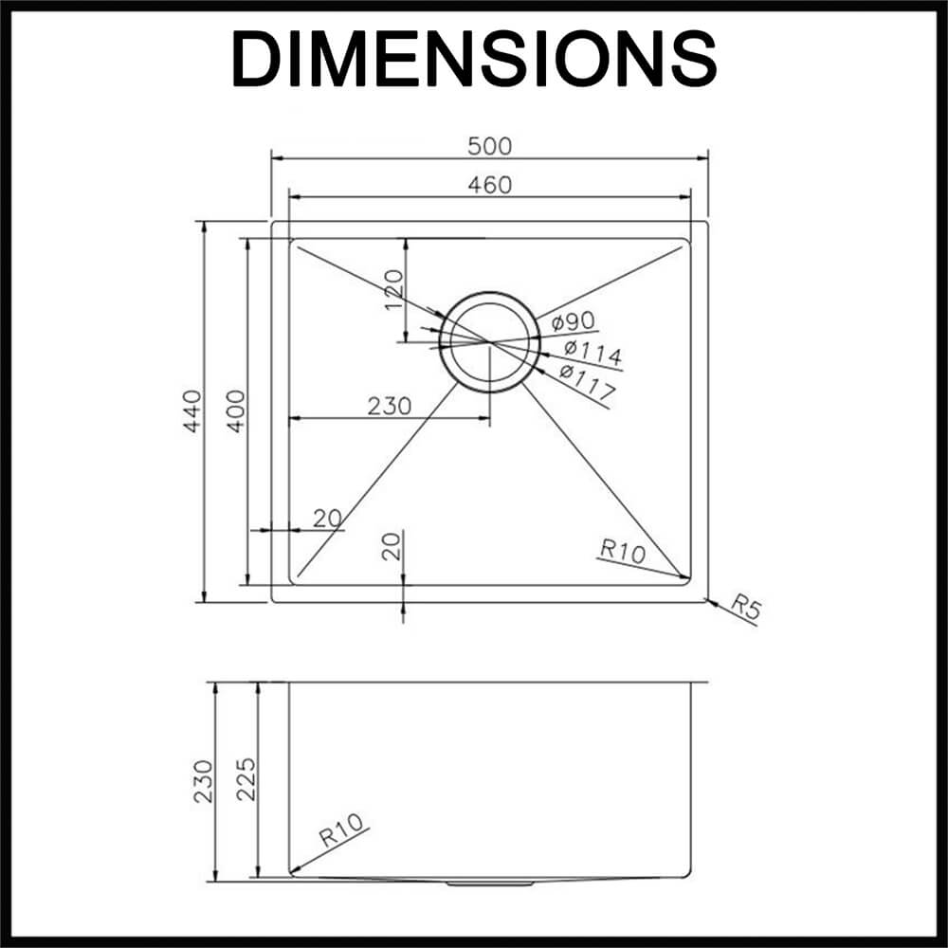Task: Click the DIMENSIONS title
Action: point(474,60)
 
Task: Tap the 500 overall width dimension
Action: point(490,146)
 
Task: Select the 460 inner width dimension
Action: point(490,185)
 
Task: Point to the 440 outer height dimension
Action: point(192,411)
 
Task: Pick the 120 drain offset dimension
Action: point(393,289)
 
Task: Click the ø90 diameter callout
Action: point(574,321)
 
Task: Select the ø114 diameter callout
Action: point(592,353)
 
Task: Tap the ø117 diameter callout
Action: point(587,381)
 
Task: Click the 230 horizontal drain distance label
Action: point(390,406)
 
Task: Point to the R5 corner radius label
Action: point(745,607)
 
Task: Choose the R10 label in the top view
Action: point(623,551)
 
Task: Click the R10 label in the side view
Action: point(341,829)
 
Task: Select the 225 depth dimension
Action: point(246,778)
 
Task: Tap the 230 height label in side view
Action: point(203,781)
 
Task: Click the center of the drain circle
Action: point(490,343)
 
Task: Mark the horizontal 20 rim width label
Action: point(328,519)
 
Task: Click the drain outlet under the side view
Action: point(490,884)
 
